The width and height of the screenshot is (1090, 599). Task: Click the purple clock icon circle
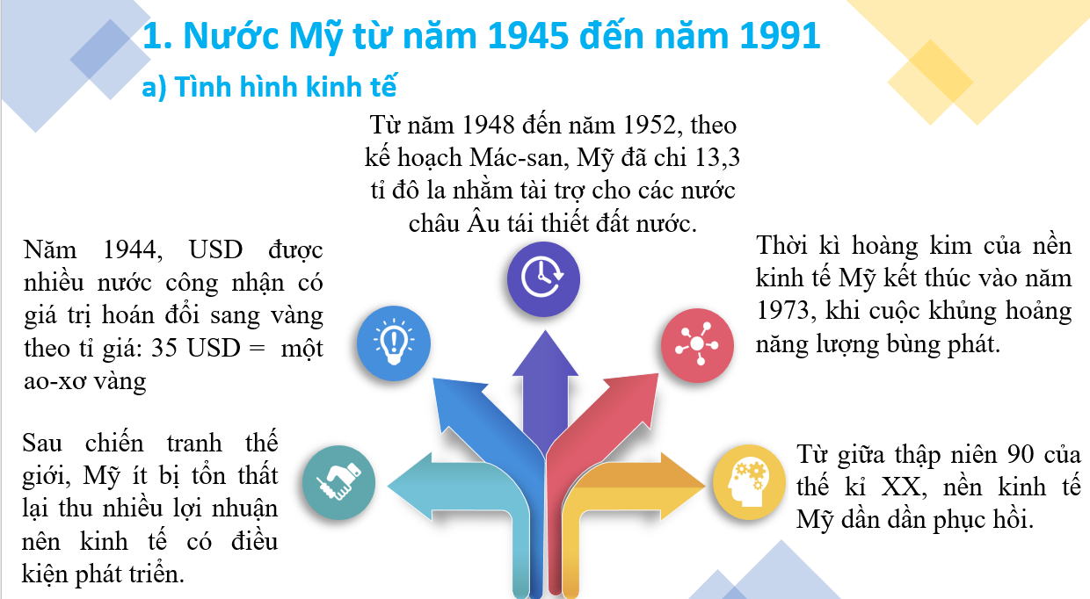click(x=543, y=278)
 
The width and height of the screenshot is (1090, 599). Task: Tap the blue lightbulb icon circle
click(x=393, y=343)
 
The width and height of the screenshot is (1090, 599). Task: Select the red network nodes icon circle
click(x=697, y=344)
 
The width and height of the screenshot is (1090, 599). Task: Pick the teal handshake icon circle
click(x=338, y=482)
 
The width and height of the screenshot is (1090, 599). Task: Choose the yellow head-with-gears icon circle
click(x=749, y=481)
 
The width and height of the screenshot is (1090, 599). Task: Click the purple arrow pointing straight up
click(x=545, y=389)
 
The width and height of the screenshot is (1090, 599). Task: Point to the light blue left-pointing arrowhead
click(x=410, y=487)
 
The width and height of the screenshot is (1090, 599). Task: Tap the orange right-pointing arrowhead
click(x=683, y=485)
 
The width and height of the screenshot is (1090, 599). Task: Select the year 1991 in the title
click(x=780, y=35)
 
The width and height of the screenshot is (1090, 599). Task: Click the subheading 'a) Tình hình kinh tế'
click(x=270, y=88)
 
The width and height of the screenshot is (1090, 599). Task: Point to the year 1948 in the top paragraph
click(x=488, y=125)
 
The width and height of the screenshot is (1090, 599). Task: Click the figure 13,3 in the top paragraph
click(x=718, y=157)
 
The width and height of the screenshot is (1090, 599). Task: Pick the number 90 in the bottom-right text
click(x=1021, y=454)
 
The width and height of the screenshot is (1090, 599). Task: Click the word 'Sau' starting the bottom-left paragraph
click(x=42, y=443)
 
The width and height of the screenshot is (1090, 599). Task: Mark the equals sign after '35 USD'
click(x=257, y=349)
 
